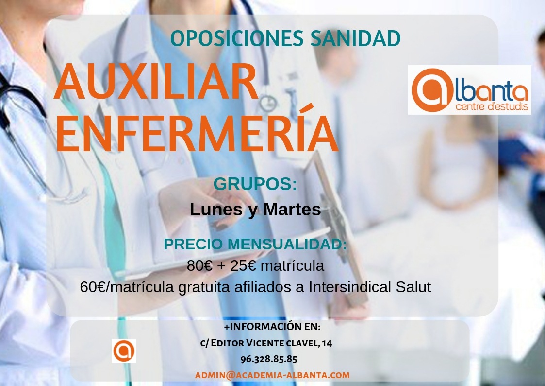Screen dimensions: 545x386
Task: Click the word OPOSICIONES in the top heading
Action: pyautogui.click(x=238, y=38)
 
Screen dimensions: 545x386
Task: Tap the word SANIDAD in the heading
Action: pyautogui.click(x=355, y=38)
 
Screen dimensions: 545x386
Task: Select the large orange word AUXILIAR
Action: pyautogui.click(x=157, y=82)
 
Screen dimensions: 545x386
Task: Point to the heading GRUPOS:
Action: pyautogui.click(x=255, y=184)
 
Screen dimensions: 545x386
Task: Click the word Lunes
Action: pyautogui.click(x=216, y=209)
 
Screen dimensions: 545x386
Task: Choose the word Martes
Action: pyautogui.click(x=292, y=209)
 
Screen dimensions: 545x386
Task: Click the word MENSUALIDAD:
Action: pyautogui.click(x=287, y=244)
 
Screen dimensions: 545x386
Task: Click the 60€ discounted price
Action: pyautogui.click(x=93, y=287)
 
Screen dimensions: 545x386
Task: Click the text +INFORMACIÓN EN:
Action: pyautogui.click(x=272, y=327)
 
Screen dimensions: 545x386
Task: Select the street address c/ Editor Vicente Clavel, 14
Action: pyautogui.click(x=266, y=343)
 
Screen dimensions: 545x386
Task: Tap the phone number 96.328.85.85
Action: pyautogui.click(x=269, y=359)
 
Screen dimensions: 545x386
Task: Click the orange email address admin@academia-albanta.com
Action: pyautogui.click(x=272, y=375)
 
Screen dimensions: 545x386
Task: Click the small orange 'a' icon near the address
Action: pyautogui.click(x=124, y=351)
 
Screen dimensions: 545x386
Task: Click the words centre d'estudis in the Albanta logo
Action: pyautogui.click(x=492, y=106)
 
